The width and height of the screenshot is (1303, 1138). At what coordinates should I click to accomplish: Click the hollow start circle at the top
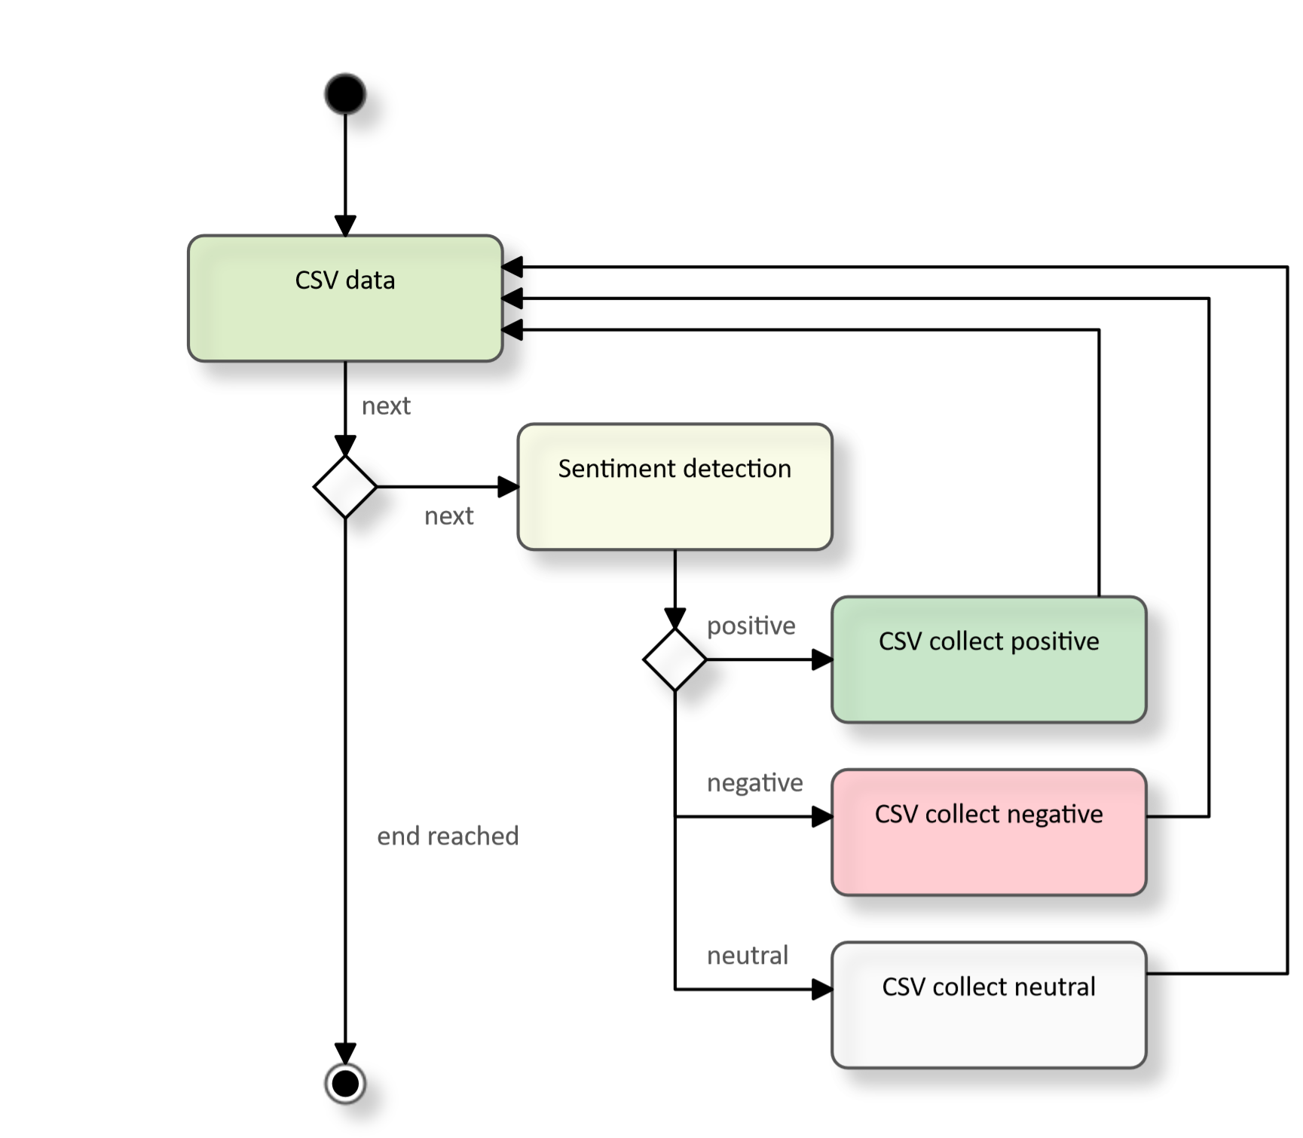[345, 94]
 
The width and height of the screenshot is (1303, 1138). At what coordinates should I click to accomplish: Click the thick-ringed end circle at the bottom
[345, 1084]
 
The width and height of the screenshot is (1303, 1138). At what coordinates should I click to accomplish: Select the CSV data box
[345, 299]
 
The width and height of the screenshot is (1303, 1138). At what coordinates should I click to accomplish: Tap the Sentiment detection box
[674, 488]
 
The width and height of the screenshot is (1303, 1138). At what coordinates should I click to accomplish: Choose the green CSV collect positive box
[989, 660]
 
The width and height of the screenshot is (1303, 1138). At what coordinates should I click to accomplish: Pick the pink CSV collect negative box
[989, 833]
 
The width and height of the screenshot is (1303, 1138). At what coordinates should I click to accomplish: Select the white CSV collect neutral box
[989, 1005]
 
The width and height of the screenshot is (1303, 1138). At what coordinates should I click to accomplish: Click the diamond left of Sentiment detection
[345, 487]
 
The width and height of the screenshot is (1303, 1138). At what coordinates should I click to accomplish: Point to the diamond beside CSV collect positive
[674, 659]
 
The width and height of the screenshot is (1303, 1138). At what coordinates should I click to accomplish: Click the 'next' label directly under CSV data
[387, 406]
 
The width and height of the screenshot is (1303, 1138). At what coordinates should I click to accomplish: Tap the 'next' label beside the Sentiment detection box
[449, 516]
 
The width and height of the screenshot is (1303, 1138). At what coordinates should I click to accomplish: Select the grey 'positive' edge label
[751, 626]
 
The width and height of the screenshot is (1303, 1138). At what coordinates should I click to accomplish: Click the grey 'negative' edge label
[755, 784]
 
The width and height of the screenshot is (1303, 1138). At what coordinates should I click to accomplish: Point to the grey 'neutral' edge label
[748, 956]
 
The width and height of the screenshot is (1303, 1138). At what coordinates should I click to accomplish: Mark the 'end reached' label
[448, 837]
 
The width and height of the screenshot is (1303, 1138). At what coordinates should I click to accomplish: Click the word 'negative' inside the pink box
[1054, 815]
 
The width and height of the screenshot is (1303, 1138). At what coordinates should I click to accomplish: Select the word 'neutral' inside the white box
[1053, 987]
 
